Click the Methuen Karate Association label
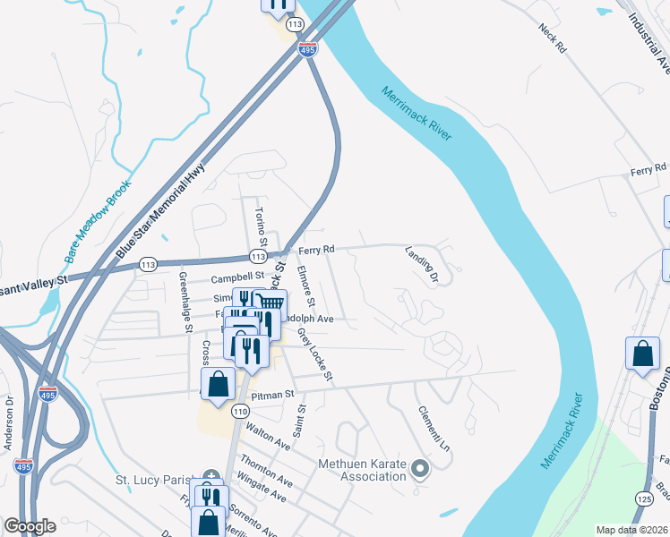click(363, 470)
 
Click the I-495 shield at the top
click(308, 51)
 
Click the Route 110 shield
click(239, 411)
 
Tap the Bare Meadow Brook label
click(98, 219)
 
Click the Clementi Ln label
click(433, 427)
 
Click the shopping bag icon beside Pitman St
click(219, 385)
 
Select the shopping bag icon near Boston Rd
click(642, 353)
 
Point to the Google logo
click(29, 526)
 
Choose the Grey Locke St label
click(316, 354)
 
